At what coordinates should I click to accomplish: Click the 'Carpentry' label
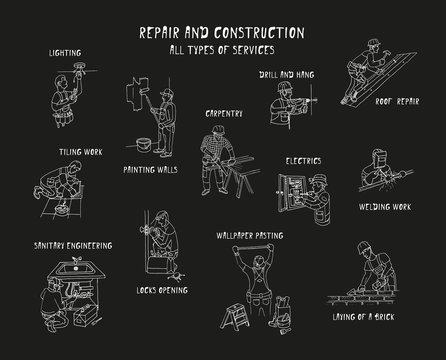click(224, 113)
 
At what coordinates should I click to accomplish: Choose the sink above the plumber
click(52, 270)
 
